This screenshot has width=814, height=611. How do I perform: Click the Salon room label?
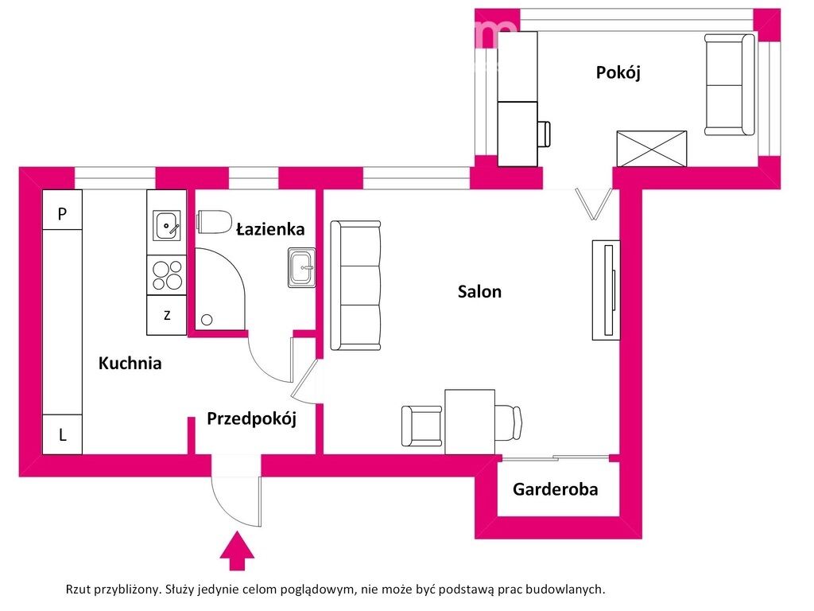pos(479,291)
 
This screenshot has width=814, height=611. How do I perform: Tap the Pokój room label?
pos(618,72)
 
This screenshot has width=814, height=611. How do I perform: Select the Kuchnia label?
pos(130,364)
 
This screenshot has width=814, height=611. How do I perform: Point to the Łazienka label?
pos(270,229)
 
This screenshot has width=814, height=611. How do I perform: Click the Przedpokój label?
pos(251,418)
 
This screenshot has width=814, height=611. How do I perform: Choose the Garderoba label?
pos(555,489)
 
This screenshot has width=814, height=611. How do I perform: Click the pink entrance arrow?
pos(236,552)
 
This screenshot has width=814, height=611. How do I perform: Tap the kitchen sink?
pos(167,226)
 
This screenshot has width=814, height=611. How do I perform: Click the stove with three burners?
pos(167,275)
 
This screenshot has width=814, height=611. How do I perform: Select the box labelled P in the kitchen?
pos(62,213)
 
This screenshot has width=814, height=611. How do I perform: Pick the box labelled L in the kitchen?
pos(62,435)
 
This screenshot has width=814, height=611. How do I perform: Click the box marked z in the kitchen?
pos(167,315)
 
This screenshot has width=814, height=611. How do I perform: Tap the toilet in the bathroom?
pos(214,221)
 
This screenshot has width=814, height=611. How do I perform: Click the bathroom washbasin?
pos(302,267)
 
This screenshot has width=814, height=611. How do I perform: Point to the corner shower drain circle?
pos(207,320)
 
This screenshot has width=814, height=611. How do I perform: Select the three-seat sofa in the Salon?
pos(355,286)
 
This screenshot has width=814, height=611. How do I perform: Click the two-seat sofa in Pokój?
pos(730,84)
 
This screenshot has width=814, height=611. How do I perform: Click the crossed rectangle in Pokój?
pos(652,149)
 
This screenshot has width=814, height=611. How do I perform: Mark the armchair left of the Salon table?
pos(421,426)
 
